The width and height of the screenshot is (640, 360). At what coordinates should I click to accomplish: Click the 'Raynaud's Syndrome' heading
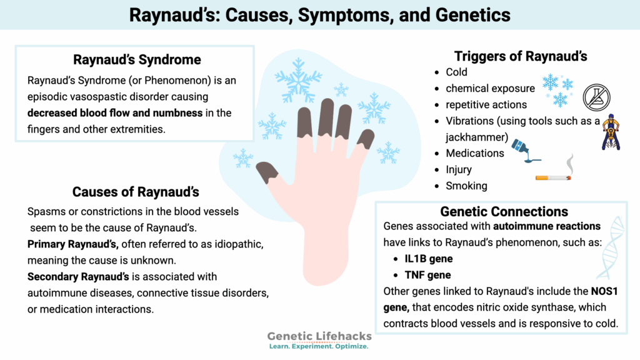coord(137,60)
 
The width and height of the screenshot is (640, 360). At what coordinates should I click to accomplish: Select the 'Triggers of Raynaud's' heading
coord(521,56)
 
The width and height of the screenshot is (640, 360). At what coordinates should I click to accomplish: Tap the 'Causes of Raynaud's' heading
coord(136,192)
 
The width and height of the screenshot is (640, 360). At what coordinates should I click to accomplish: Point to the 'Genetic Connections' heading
coord(504,211)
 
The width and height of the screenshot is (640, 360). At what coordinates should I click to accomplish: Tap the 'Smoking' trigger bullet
coord(466,186)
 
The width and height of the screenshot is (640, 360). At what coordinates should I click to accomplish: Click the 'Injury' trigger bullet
coord(459,169)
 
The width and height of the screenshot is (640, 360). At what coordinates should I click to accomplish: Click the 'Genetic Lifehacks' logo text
coord(318,336)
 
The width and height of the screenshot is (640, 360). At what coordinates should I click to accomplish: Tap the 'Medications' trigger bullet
coord(474,153)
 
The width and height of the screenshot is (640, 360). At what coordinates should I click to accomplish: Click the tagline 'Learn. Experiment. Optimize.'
coord(318,346)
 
